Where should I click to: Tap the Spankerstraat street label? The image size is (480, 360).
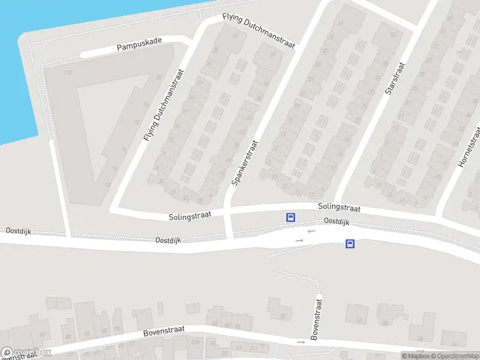(244, 162)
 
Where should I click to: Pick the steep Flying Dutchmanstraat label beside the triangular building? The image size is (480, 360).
(164, 105)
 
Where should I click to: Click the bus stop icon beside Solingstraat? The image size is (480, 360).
(291, 217)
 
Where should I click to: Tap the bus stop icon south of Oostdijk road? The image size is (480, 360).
(350, 244)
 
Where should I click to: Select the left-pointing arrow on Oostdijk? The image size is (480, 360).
(310, 231)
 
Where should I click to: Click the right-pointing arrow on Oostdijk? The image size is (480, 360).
(299, 241)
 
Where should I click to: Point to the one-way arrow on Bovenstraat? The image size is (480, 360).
(301, 342)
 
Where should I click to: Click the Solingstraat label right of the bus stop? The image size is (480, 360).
(339, 208)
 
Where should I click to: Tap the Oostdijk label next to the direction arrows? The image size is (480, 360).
(337, 221)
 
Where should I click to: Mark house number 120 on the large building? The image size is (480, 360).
(68, 73)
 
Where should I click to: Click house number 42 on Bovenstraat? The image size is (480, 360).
(359, 320)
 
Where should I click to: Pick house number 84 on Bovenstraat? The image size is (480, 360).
(87, 333)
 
